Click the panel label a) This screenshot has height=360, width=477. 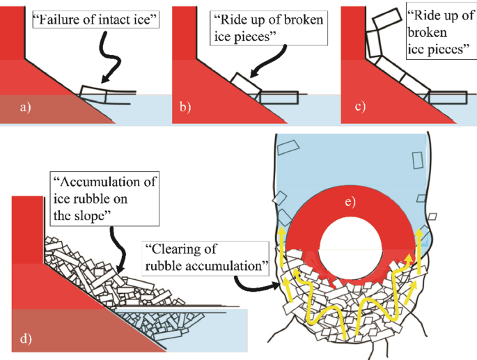click(x=26, y=107)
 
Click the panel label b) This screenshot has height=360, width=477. click(x=185, y=108)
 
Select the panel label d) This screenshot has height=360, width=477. click(x=26, y=339)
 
